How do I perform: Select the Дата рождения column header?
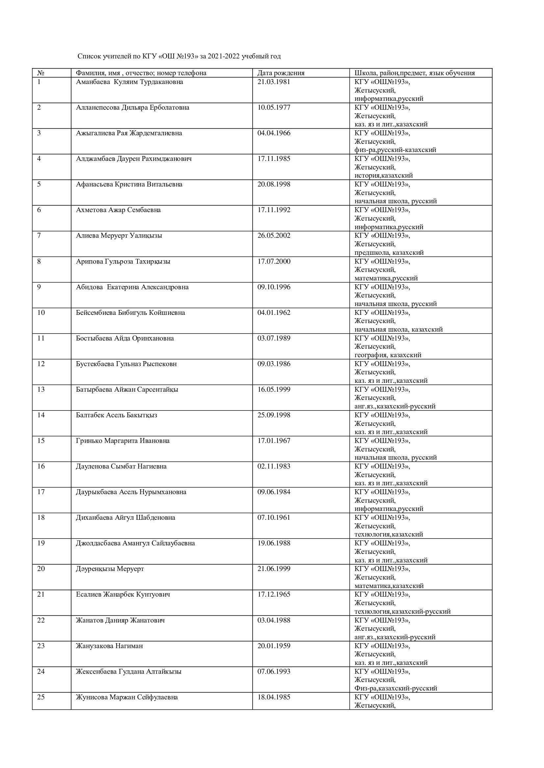281,73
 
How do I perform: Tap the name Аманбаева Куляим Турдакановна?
129,82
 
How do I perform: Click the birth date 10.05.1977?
274,107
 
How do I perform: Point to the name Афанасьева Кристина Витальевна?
129,184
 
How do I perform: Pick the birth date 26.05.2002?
274,235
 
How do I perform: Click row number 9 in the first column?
39,287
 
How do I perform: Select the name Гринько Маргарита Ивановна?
123,441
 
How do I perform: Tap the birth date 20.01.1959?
274,646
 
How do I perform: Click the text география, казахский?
387,355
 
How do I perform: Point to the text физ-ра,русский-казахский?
395,150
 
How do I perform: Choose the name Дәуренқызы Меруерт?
110,569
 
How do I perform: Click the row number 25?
41,697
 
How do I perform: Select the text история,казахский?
383,175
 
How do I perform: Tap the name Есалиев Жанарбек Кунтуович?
123,594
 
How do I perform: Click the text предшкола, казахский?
389,252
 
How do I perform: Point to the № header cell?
41,73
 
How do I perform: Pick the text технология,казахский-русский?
402,611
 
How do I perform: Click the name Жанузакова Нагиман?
109,646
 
